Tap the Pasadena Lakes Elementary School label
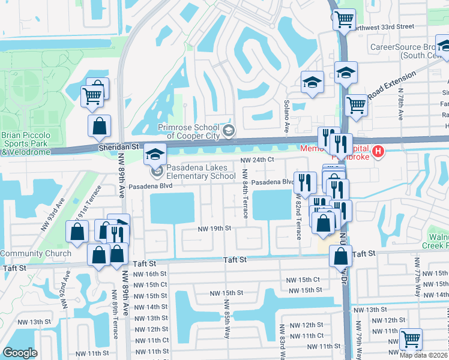[x=201, y=172]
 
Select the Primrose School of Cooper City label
[x=191, y=131]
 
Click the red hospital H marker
[x=378, y=151]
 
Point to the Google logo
[x=20, y=353]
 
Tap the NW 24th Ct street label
[x=258, y=160]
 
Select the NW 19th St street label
[x=215, y=229]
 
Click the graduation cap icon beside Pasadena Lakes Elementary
[x=155, y=155]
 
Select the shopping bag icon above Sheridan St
[x=99, y=127]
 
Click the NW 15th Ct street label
[x=303, y=280]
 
